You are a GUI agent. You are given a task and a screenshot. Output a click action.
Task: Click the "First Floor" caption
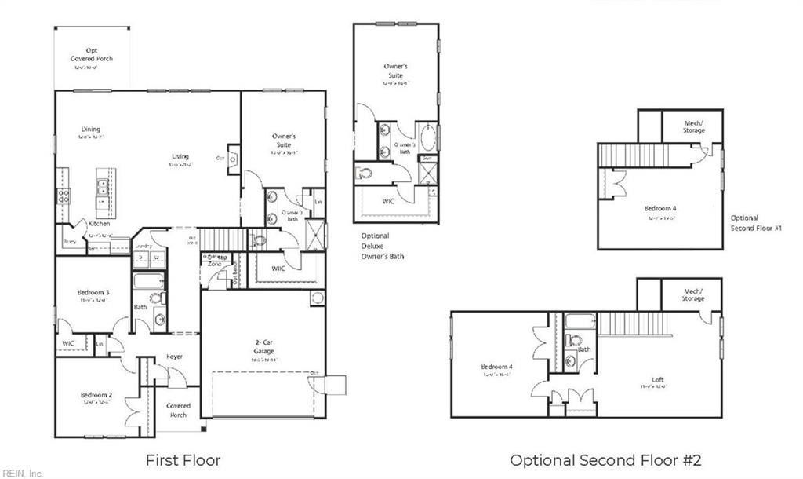(183, 459)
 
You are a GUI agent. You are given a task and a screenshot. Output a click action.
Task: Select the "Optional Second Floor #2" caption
(605, 459)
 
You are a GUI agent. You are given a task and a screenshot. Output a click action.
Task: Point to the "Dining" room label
(91, 130)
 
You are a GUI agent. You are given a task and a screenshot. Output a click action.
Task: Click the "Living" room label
(180, 156)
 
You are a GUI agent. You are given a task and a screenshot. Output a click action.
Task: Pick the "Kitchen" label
(100, 224)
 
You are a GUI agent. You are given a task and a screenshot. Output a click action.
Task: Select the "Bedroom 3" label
(93, 293)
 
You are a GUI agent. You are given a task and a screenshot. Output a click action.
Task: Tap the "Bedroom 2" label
(96, 395)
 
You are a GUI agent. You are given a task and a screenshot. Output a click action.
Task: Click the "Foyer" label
(174, 357)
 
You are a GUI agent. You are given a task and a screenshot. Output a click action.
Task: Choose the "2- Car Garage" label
(263, 347)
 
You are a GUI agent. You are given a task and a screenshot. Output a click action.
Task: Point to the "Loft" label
(658, 380)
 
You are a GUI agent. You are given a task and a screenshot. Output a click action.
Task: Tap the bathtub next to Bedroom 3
(149, 281)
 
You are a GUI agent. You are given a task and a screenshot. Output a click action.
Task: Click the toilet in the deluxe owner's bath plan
(365, 173)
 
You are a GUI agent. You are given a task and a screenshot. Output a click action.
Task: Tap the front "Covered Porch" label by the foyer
(179, 410)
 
